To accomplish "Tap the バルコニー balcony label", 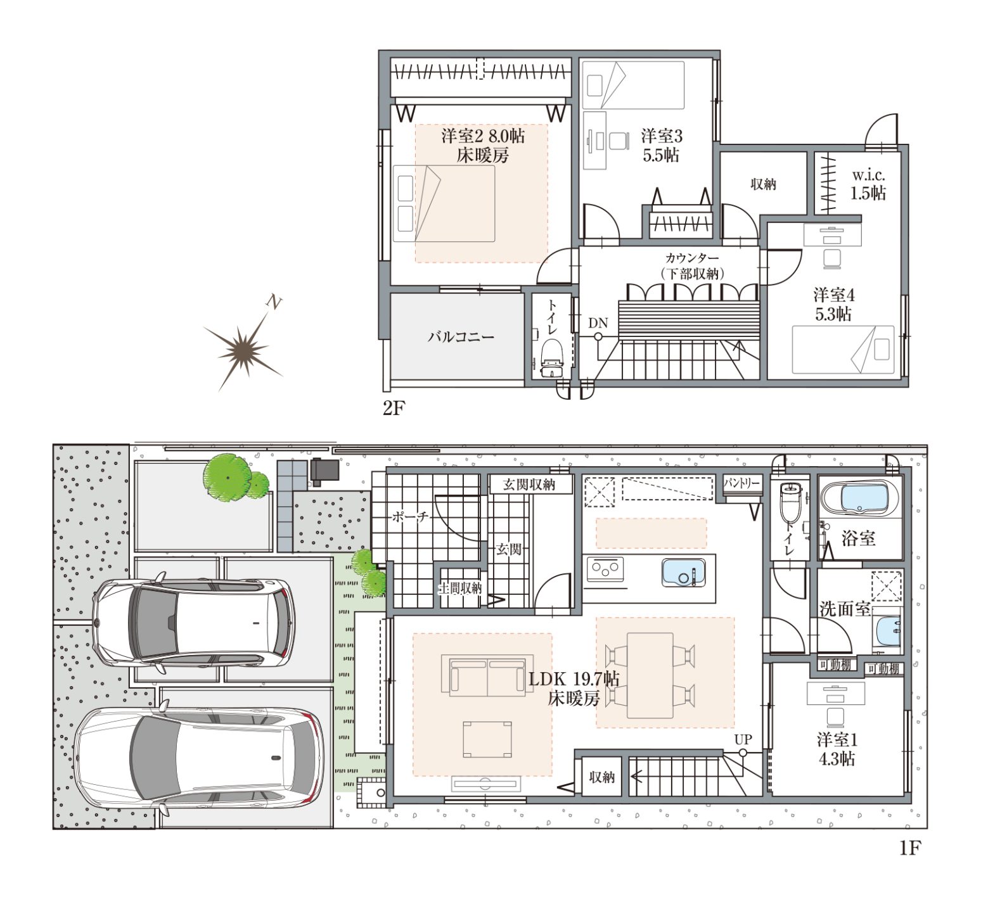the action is [461, 336].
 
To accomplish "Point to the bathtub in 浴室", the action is [861, 497].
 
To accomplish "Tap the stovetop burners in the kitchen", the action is [605, 569].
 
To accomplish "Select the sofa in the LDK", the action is [487, 676].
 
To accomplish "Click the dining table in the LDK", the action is [650, 675].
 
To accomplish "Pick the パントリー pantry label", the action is [741, 483].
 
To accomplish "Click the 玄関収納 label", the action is [529, 485].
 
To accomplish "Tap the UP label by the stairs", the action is [743, 739].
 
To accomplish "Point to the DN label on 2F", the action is [598, 323].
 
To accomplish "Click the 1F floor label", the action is [909, 848].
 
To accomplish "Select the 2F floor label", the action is [393, 409].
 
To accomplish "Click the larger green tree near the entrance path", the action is [226, 477].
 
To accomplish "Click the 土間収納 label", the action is [461, 588].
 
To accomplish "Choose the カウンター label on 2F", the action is [692, 258].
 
